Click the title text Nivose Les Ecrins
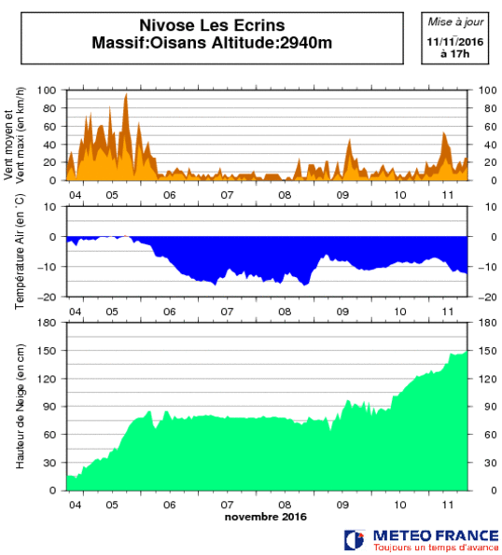click(212, 25)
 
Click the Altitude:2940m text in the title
click(272, 43)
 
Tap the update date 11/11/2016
click(455, 42)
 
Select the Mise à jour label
click(455, 22)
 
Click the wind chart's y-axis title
click(14, 135)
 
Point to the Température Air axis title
click(20, 251)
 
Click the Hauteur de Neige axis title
click(20, 407)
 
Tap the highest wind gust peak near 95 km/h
click(126, 94)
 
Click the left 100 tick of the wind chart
click(47, 90)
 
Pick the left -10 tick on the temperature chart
click(47, 267)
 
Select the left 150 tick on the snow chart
click(47, 351)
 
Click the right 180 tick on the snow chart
click(487, 323)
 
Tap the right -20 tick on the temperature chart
click(487, 298)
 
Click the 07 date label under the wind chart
click(227, 195)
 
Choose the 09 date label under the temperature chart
click(342, 312)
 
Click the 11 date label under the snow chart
click(448, 505)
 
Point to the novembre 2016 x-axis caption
click(266, 517)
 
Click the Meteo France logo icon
click(355, 540)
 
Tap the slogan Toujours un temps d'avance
click(436, 548)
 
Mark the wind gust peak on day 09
click(350, 140)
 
